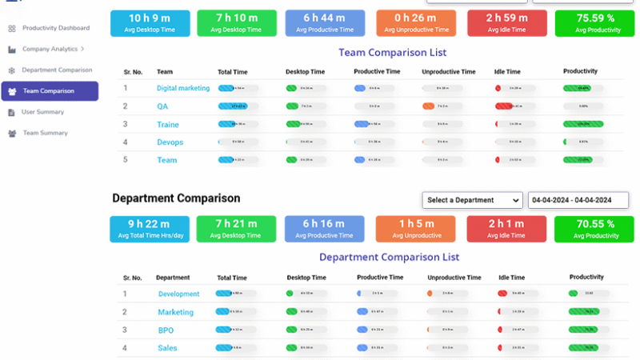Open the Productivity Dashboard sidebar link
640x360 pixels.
[55, 28]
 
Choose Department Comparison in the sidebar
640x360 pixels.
[56, 70]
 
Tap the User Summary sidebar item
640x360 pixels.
[42, 112]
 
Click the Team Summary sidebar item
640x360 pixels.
[45, 133]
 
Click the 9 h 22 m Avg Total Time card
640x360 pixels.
[150, 229]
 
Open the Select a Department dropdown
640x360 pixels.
[472, 200]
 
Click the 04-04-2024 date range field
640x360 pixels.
[578, 200]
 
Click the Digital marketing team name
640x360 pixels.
[183, 88]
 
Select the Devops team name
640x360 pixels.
[170, 142]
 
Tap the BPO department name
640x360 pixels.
[166, 330]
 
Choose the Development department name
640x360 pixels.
[178, 294]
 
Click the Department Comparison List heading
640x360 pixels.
[389, 258]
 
